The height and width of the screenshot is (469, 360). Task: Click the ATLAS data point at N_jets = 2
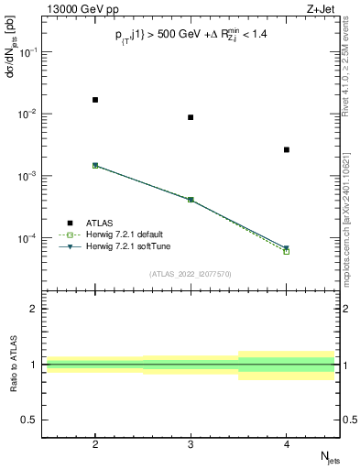click(x=95, y=100)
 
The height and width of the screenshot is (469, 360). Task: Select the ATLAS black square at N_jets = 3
click(x=191, y=117)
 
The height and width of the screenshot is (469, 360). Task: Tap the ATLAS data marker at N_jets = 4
click(x=287, y=149)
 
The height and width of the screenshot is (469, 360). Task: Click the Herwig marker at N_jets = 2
click(x=95, y=166)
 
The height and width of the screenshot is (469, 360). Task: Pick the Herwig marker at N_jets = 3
click(x=191, y=199)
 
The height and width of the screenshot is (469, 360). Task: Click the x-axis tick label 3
click(x=191, y=442)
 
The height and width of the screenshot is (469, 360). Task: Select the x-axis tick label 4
click(x=287, y=442)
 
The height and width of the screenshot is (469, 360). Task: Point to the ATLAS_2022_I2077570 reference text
click(x=191, y=274)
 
